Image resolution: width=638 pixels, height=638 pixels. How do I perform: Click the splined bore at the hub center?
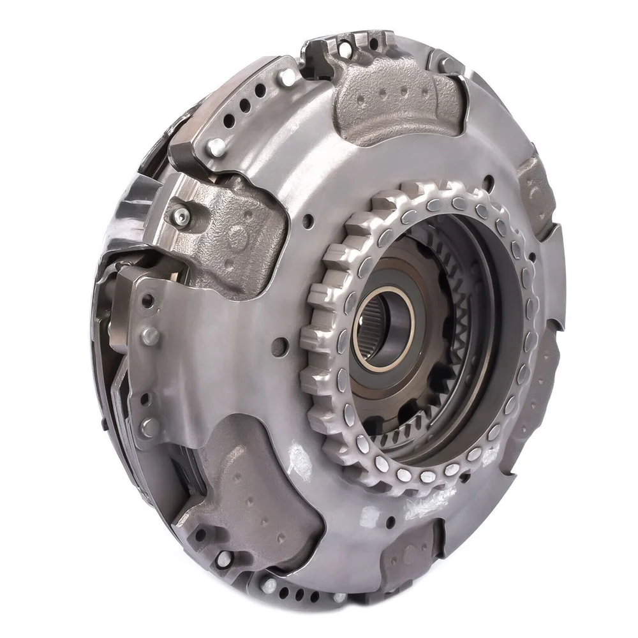385,331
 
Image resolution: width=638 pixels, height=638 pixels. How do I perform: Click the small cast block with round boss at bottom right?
408,555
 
